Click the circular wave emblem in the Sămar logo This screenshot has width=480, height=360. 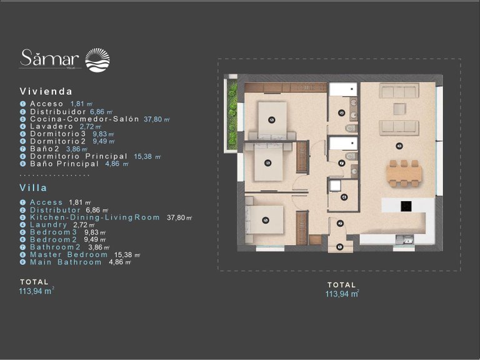[97, 60]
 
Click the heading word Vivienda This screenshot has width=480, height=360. [46, 91]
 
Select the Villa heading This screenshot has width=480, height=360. [34, 187]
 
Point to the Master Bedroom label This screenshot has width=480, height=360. [69, 255]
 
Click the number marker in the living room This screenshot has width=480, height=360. [399, 146]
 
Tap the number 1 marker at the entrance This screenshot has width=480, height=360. [340, 247]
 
